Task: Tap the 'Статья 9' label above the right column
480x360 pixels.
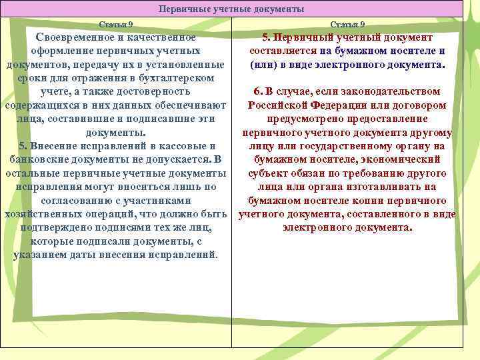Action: [347, 25]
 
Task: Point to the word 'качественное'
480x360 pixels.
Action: [163, 37]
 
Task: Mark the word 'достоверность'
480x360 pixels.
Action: [153, 91]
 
